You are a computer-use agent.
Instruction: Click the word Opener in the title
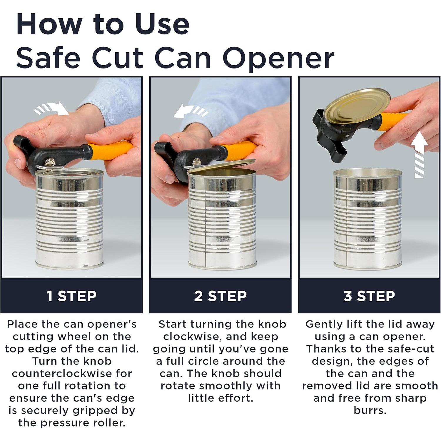(279, 58)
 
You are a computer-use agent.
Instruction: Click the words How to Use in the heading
(103, 24)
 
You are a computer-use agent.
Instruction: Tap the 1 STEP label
(71, 296)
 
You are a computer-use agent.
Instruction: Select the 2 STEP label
(220, 296)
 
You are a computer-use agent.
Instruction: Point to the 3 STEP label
(369, 296)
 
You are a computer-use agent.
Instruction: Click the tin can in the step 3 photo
(367, 219)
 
